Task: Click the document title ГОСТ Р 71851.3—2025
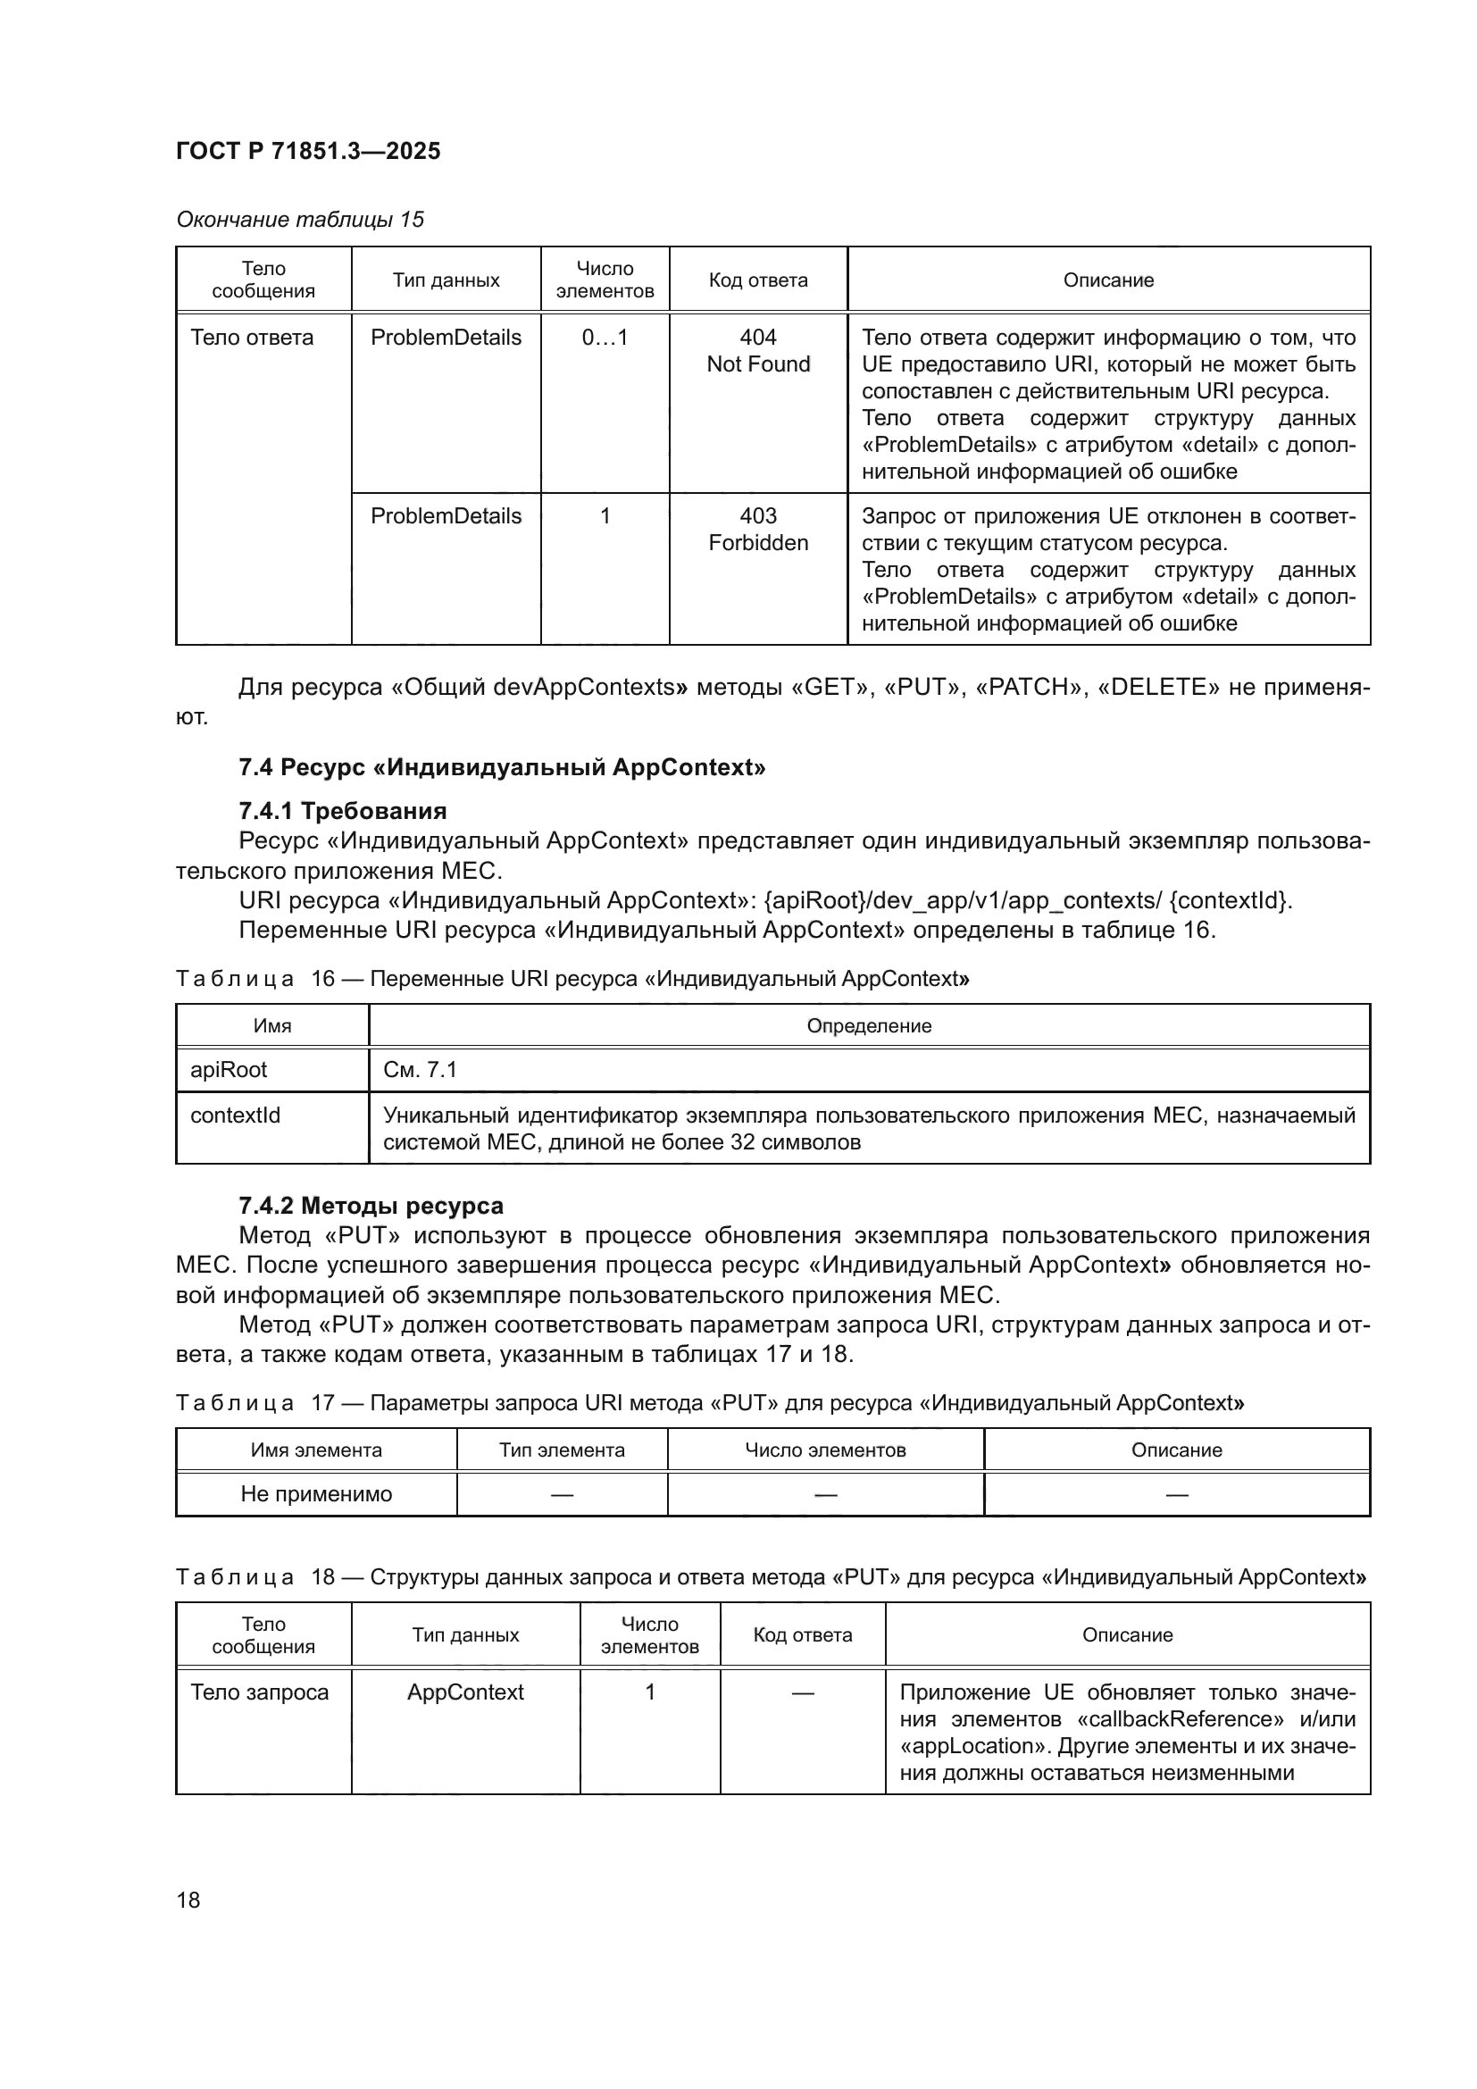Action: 307,151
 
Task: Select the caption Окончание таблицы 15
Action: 299,220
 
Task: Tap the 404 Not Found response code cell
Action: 757,350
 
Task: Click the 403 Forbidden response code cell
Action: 757,529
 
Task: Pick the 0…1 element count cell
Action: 604,338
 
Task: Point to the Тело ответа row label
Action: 252,338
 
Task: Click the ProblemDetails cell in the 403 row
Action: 446,516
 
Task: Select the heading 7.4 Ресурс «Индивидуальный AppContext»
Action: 501,767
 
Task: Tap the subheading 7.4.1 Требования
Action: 342,811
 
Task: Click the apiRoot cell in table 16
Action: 229,1069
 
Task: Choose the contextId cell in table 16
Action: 235,1115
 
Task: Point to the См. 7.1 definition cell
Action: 420,1069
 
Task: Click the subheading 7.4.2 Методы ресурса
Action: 371,1206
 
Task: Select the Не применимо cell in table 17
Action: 315,1494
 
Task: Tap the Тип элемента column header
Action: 561,1450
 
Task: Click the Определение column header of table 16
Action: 869,1025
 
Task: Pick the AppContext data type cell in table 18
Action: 464,1692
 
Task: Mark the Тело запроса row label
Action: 259,1692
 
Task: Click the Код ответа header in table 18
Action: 802,1634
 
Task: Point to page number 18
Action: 188,1900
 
